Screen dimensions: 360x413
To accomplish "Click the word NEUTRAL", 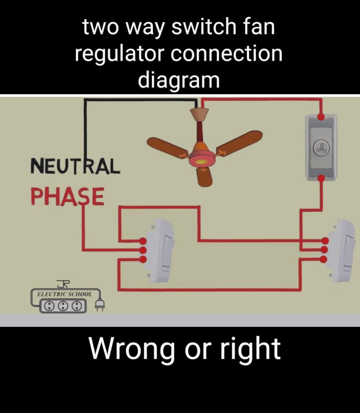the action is (x=75, y=166).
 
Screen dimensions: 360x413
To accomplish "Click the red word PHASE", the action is (x=68, y=196).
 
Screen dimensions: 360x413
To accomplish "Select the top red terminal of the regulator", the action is (x=321, y=116).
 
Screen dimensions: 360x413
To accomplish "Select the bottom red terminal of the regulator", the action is (x=321, y=178).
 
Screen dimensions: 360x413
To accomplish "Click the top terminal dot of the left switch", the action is (x=143, y=241).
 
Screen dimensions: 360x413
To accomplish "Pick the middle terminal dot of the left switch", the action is (x=143, y=250).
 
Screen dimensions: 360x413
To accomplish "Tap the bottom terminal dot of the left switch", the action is (x=143, y=259).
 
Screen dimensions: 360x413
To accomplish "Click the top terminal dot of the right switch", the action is (x=325, y=241).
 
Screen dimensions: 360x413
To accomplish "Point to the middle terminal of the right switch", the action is (x=325, y=250).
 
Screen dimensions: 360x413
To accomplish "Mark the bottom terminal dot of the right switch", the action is (x=325, y=259).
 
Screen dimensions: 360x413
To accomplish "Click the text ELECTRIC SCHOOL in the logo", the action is (x=65, y=294).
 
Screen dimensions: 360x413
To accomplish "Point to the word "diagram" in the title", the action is (x=179, y=81).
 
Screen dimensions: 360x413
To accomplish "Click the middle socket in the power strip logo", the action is (x=63, y=306).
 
